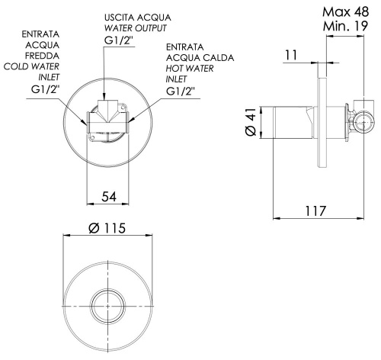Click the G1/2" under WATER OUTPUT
coord(119,41)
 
